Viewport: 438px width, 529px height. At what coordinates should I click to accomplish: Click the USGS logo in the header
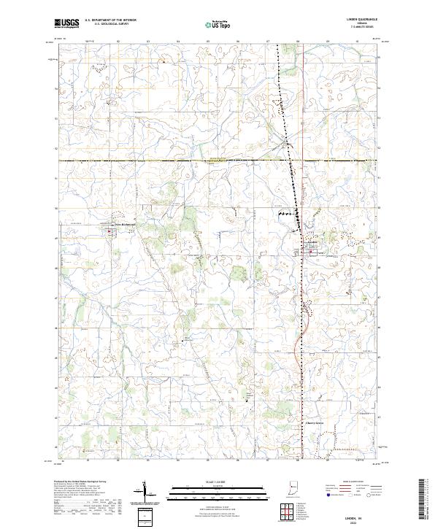click(x=66, y=23)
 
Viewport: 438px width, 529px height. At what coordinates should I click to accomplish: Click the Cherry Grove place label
click(x=313, y=422)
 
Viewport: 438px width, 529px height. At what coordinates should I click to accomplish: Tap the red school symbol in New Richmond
click(x=110, y=233)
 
